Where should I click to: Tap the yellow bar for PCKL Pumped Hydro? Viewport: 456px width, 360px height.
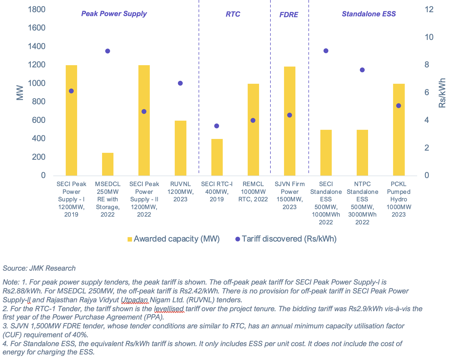click(399, 130)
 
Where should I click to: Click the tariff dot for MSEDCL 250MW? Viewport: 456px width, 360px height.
click(108, 51)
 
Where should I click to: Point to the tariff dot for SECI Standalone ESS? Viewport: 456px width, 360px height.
click(326, 51)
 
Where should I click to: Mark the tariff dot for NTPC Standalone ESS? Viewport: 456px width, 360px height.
click(362, 70)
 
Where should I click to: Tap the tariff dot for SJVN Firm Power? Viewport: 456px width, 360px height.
click(289, 115)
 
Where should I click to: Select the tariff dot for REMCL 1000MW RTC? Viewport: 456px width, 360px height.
click(253, 120)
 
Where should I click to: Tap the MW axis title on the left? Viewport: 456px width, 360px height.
click(20, 93)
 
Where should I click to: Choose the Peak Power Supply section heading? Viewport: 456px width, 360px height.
click(114, 14)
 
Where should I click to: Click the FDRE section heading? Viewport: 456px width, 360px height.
click(288, 15)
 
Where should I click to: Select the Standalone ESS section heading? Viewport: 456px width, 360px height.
click(369, 14)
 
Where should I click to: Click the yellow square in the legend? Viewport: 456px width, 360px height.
click(130, 239)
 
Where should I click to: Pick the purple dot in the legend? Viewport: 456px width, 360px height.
click(237, 239)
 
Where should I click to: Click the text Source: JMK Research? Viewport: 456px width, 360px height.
click(39, 268)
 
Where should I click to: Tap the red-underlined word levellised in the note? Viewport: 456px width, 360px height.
click(169, 309)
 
